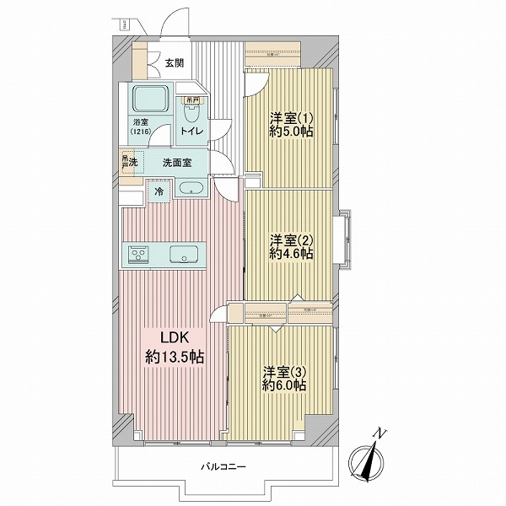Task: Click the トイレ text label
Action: coord(191,132)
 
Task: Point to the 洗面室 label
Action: coord(176,162)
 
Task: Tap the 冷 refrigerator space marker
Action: coord(159,191)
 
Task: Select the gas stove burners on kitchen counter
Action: coord(138,254)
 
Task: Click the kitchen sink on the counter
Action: coord(183,254)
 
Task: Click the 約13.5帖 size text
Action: coord(173,357)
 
